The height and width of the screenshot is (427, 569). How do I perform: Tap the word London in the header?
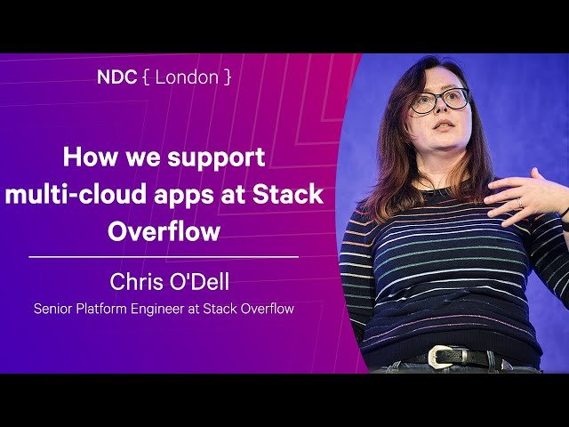[188, 77]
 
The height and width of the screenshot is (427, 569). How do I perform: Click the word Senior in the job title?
[55, 310]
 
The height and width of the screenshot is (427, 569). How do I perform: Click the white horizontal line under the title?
[164, 256]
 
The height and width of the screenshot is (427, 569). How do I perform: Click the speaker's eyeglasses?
[439, 101]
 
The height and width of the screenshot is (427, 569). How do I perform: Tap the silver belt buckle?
[440, 358]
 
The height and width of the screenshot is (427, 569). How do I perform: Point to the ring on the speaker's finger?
[521, 204]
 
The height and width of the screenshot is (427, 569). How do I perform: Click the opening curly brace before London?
[145, 77]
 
